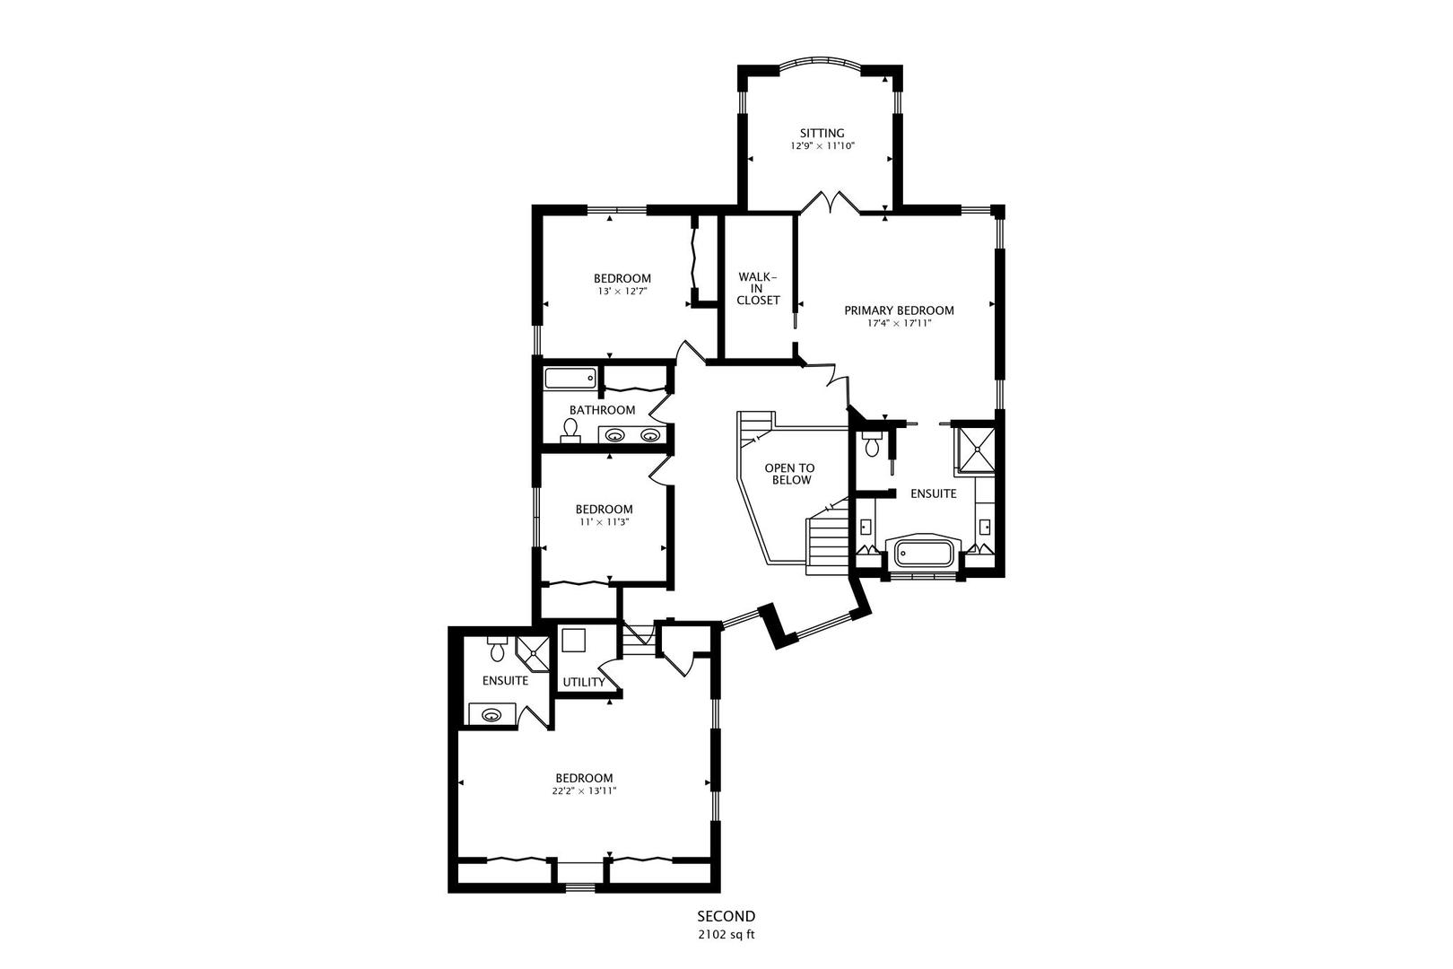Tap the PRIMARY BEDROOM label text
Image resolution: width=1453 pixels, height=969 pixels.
pyautogui.click(x=899, y=310)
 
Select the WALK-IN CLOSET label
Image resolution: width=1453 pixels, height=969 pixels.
pyautogui.click(x=758, y=288)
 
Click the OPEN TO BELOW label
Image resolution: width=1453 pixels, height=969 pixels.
pyautogui.click(x=789, y=474)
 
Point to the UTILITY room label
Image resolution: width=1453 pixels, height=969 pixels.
pyautogui.click(x=583, y=682)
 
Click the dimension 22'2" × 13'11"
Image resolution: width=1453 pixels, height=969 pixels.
pyautogui.click(x=584, y=790)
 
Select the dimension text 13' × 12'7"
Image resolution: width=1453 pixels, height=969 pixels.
pyautogui.click(x=622, y=291)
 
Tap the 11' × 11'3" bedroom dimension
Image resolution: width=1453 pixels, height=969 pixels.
pyautogui.click(x=604, y=521)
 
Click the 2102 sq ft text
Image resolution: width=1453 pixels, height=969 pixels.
pyautogui.click(x=726, y=934)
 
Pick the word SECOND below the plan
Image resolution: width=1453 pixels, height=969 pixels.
pyautogui.click(x=726, y=916)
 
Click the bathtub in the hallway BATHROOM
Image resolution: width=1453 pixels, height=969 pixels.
pyautogui.click(x=570, y=378)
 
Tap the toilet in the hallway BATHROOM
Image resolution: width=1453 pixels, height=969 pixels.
pyautogui.click(x=570, y=431)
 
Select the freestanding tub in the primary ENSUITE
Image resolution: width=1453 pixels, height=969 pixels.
pyautogui.click(x=923, y=552)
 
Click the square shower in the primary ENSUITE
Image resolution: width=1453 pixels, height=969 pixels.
pyautogui.click(x=974, y=448)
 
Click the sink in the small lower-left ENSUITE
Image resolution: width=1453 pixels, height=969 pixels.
pyautogui.click(x=491, y=715)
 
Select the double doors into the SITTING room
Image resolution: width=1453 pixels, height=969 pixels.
pyautogui.click(x=830, y=203)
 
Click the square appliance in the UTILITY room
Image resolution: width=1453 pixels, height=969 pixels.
pyautogui.click(x=574, y=640)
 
